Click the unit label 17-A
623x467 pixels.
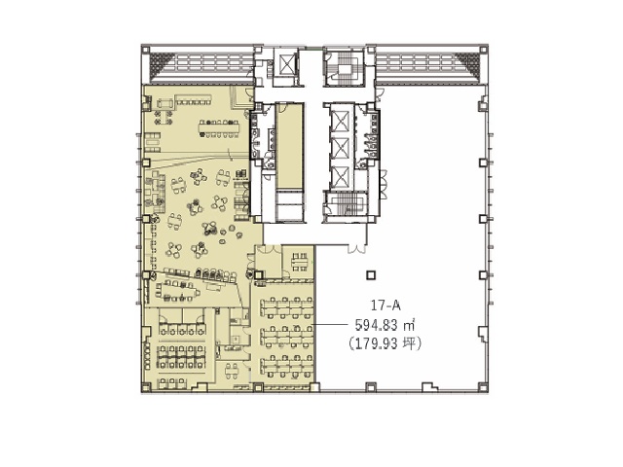pyautogui.click(x=385, y=305)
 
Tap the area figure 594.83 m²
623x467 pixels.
pyautogui.click(x=385, y=325)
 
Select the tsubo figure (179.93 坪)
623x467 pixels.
pyautogui.click(x=385, y=343)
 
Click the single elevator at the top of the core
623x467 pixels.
pyautogui.click(x=287, y=62)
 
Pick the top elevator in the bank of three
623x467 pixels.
pyautogui.click(x=341, y=121)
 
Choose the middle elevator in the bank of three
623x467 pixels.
pyautogui.click(x=341, y=148)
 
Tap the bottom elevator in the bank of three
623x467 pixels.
pyautogui.click(x=341, y=176)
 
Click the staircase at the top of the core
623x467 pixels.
pyautogui.click(x=344, y=67)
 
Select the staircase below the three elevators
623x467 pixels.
pyautogui.click(x=345, y=204)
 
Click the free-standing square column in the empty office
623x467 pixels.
pyautogui.click(x=371, y=275)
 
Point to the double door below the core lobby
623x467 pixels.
pyautogui.click(x=356, y=249)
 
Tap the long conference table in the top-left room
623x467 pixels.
pyautogui.click(x=219, y=128)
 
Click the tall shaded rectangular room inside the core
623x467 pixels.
pyautogui.click(x=290, y=146)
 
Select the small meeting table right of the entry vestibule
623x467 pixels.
pyautogui.click(x=300, y=262)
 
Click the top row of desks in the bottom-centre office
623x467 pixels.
pyautogui.click(x=287, y=307)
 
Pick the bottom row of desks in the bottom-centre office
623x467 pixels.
pyautogui.click(x=287, y=367)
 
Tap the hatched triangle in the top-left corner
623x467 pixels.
pyautogui.click(x=163, y=62)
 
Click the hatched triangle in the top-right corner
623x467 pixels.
pyautogui.click(x=467, y=62)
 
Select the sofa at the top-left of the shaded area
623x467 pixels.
pyautogui.click(x=165, y=104)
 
